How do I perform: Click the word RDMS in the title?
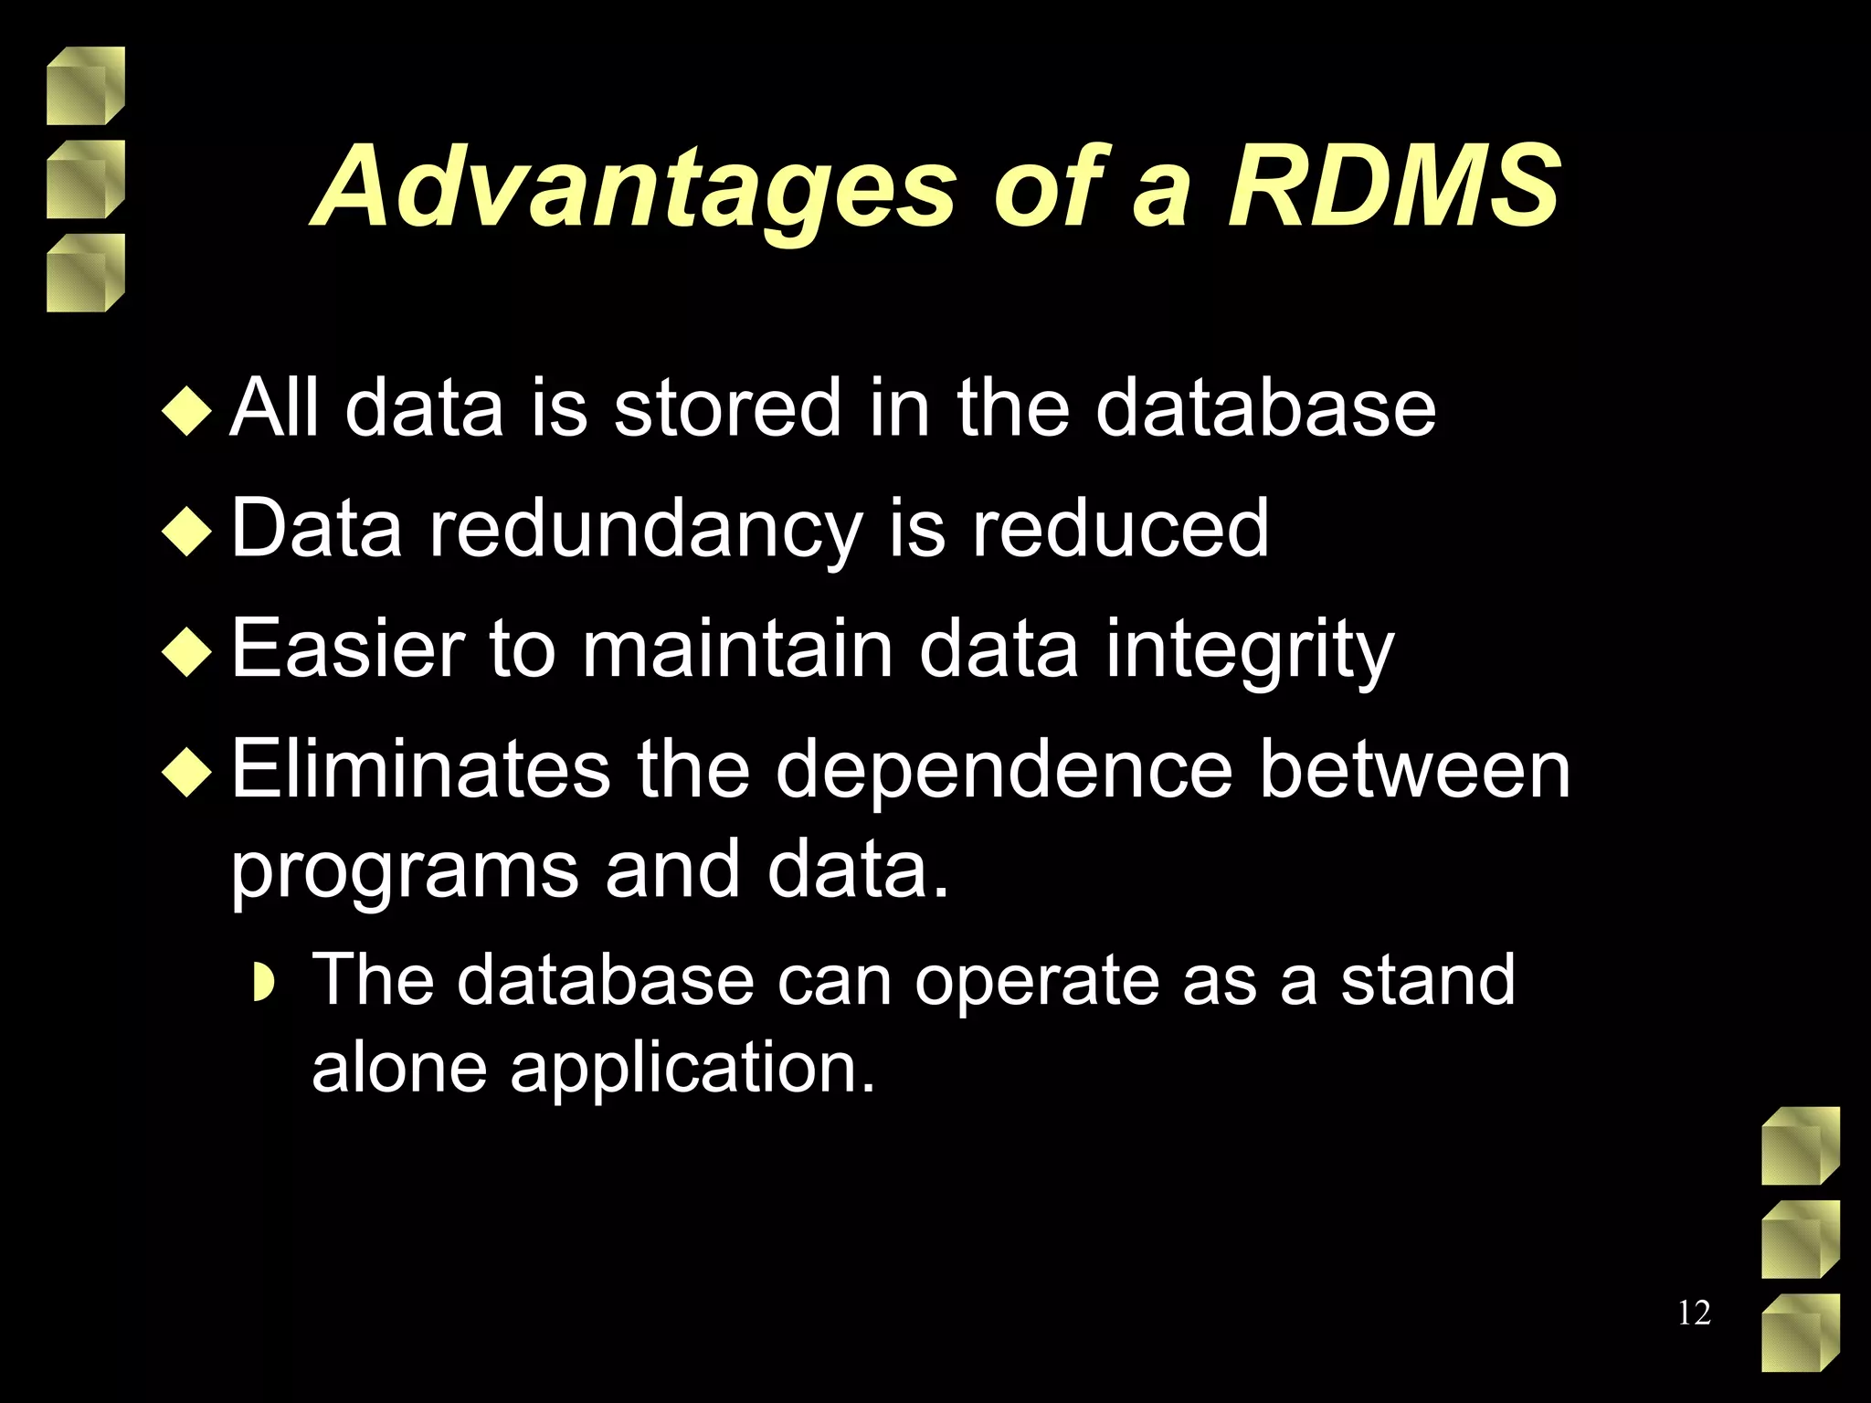pos(1393,187)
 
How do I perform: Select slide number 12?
pos(1694,1313)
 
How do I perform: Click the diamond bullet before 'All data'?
pos(186,410)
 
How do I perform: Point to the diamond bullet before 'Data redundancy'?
pos(186,531)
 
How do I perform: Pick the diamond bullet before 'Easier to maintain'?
pos(186,651)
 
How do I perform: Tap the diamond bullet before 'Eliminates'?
pos(186,772)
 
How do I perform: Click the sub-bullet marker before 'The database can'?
pos(263,983)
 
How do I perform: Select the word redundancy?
pos(645,530)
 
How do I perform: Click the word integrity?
pos(1249,650)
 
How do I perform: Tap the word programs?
pos(404,872)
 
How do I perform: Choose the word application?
pos(692,1067)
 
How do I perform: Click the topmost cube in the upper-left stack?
pos(85,86)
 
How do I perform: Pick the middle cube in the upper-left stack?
pos(85,179)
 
